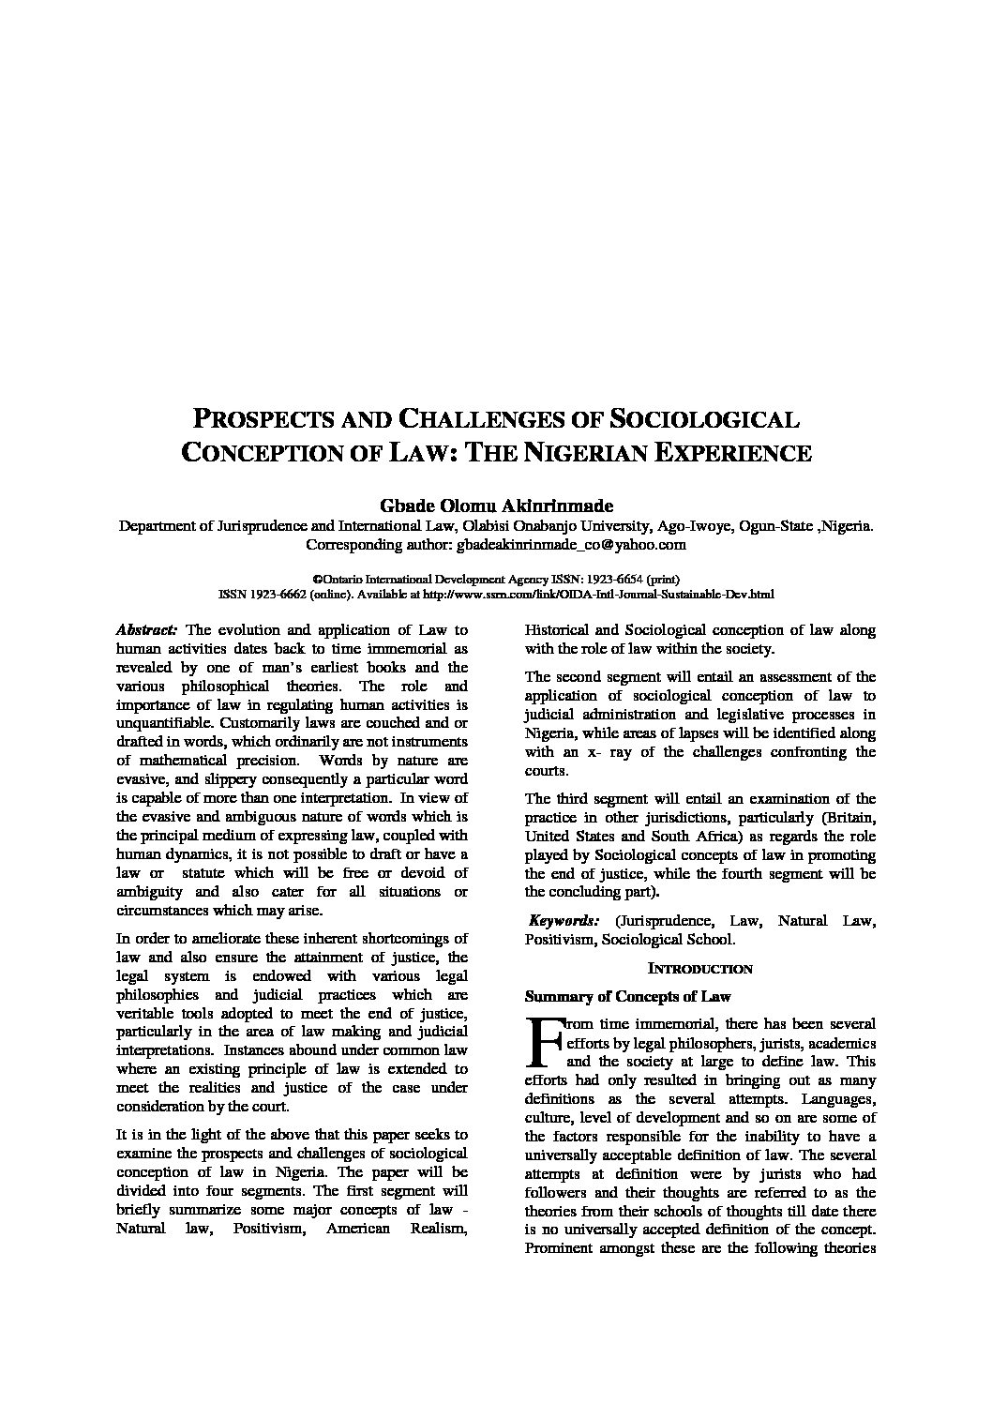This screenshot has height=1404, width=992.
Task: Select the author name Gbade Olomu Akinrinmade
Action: click(495, 506)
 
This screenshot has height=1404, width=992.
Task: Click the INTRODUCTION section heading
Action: click(700, 969)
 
